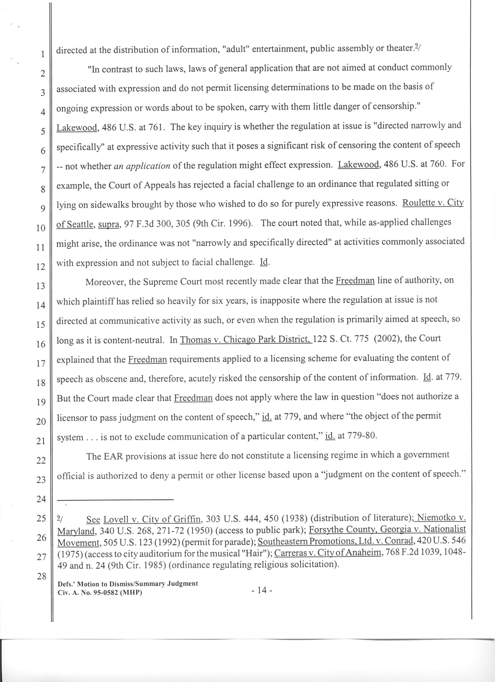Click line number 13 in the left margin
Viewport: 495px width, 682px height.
[x=40, y=285]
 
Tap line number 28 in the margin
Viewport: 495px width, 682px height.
[x=41, y=576]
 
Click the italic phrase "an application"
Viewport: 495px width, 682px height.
[x=142, y=166]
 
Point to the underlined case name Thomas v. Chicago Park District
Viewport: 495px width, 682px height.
[x=245, y=339]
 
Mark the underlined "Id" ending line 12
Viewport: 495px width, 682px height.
[x=264, y=262]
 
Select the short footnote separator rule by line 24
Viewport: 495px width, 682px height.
[x=115, y=500]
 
